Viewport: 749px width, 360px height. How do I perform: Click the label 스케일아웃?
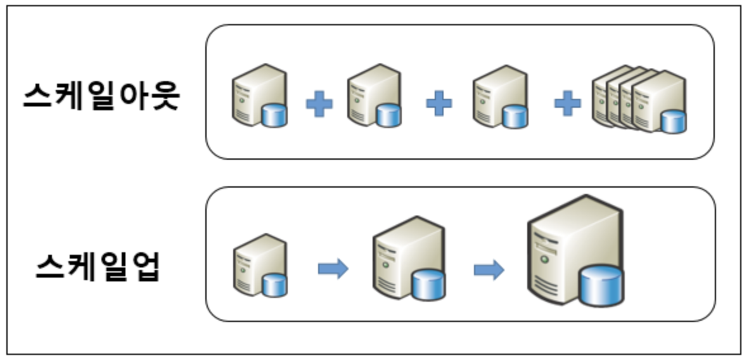click(101, 96)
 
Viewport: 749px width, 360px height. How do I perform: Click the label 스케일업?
click(98, 266)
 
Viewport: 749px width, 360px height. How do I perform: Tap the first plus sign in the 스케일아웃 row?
click(319, 104)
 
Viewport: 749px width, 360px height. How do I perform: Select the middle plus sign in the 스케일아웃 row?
click(439, 103)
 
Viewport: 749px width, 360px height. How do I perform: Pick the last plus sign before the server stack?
click(568, 103)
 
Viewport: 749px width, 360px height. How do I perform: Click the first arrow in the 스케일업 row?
click(333, 269)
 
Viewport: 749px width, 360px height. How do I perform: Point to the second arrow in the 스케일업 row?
click(489, 269)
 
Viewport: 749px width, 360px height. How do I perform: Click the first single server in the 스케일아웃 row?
click(260, 96)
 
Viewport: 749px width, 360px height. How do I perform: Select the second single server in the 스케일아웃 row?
click(374, 96)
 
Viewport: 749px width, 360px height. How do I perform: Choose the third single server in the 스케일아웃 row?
click(501, 96)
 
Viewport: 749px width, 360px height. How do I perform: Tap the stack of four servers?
click(639, 100)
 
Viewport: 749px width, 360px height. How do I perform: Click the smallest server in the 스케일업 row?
click(260, 266)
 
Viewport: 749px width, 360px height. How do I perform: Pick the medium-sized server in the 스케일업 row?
click(409, 259)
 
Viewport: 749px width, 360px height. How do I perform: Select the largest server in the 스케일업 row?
click(575, 251)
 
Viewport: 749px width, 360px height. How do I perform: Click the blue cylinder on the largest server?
click(601, 286)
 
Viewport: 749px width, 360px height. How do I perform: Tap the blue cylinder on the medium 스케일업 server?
click(428, 285)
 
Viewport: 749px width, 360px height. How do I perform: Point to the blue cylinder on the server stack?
click(674, 122)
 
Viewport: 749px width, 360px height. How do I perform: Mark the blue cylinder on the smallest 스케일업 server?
click(274, 285)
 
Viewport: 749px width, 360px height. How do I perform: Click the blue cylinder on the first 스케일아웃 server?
click(274, 116)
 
